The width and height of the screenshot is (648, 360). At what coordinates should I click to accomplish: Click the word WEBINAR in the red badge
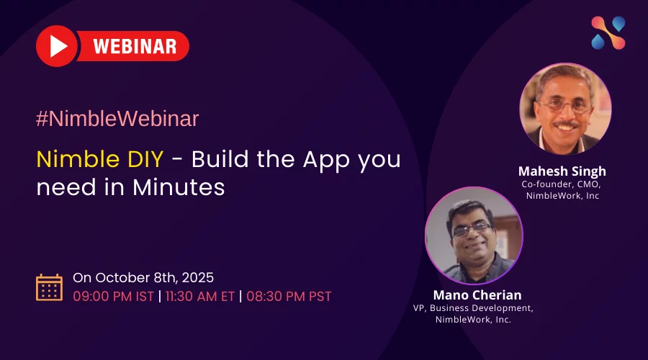pyautogui.click(x=135, y=47)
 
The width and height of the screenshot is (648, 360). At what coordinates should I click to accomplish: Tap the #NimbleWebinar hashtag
pyautogui.click(x=117, y=120)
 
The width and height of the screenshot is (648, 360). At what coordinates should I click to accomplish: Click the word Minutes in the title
pyautogui.click(x=179, y=188)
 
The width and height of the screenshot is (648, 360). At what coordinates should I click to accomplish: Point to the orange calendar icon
pyautogui.click(x=49, y=287)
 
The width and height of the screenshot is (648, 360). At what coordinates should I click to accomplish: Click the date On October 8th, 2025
pyautogui.click(x=143, y=277)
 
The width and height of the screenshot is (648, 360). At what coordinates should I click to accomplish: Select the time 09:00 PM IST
pyautogui.click(x=114, y=296)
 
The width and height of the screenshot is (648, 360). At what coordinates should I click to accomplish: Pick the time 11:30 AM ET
pyautogui.click(x=200, y=296)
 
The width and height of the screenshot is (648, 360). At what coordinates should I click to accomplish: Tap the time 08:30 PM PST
pyautogui.click(x=289, y=296)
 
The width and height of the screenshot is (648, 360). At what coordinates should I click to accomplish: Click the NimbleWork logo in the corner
pyautogui.click(x=608, y=33)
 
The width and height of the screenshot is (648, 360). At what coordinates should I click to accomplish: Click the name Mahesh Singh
pyautogui.click(x=562, y=171)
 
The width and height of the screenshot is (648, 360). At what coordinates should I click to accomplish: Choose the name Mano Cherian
pyautogui.click(x=477, y=295)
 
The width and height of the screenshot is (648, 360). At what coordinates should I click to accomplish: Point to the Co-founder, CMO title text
pyautogui.click(x=562, y=184)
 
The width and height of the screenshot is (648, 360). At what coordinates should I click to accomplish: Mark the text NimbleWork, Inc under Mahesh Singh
pyautogui.click(x=562, y=196)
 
